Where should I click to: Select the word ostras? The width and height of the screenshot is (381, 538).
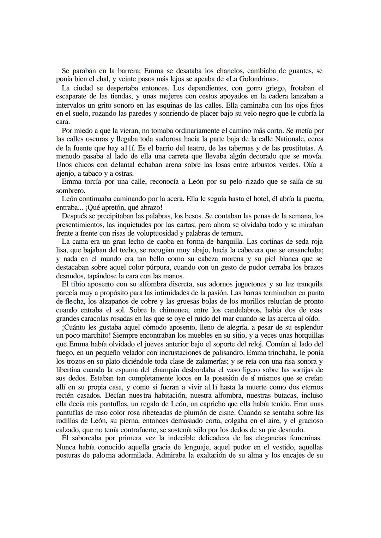(125, 174)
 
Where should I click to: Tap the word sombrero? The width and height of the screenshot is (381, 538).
(71, 191)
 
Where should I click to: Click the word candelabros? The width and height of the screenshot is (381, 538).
(228, 310)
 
